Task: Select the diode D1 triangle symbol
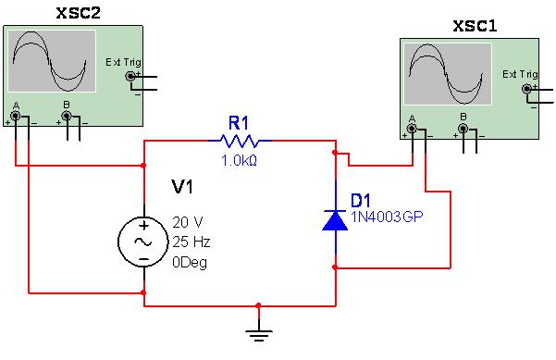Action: tap(334, 218)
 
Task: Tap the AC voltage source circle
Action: tap(144, 240)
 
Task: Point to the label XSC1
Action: tap(475, 26)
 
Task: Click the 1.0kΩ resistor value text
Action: tap(239, 160)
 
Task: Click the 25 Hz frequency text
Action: tap(192, 241)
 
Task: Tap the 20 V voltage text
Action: tap(188, 222)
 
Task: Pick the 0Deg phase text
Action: tap(191, 261)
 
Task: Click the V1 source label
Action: tap(182, 188)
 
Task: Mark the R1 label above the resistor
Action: tap(240, 121)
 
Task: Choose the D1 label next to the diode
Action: tap(361, 199)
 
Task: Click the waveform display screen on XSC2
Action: tap(53, 60)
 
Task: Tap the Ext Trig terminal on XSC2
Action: tap(130, 76)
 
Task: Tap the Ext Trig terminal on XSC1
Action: tap(526, 89)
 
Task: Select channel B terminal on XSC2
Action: tap(66, 117)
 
